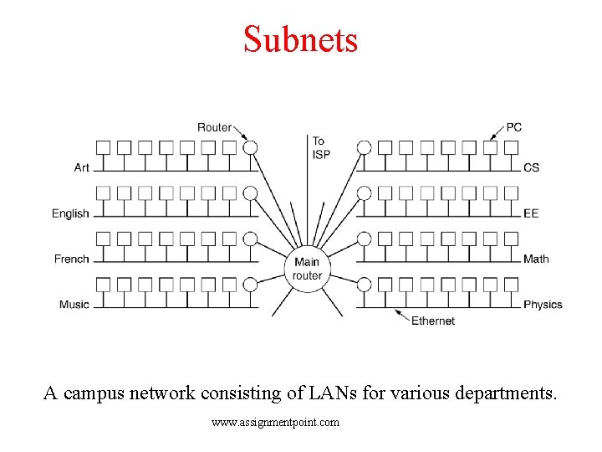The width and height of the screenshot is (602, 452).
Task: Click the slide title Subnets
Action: pyautogui.click(x=300, y=39)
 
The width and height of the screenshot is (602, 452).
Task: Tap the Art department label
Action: pyautogui.click(x=81, y=167)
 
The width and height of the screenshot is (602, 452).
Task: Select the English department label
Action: pyautogui.click(x=70, y=213)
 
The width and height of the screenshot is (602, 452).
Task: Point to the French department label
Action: pyautogui.click(x=71, y=259)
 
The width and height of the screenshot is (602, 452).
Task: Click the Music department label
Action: pyautogui.click(x=74, y=304)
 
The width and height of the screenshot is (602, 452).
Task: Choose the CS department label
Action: pyautogui.click(x=531, y=167)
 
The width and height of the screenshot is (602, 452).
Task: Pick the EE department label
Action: pyautogui.click(x=531, y=213)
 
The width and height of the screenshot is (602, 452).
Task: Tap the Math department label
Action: pyautogui.click(x=536, y=259)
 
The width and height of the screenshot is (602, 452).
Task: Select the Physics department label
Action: pyautogui.click(x=543, y=304)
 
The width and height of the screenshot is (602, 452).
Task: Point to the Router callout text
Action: pyautogui.click(x=214, y=127)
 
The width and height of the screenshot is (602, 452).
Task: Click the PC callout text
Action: pyautogui.click(x=513, y=127)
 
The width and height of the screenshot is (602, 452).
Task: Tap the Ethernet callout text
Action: pyautogui.click(x=432, y=321)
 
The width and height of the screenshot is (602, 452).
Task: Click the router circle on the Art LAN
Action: pyautogui.click(x=250, y=147)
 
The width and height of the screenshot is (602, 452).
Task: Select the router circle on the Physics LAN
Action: pyautogui.click(x=364, y=285)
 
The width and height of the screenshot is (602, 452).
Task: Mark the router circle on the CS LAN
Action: pyautogui.click(x=364, y=147)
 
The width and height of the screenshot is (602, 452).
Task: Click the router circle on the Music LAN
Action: pyautogui.click(x=250, y=285)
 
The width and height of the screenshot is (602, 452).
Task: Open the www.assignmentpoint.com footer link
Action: pyautogui.click(x=276, y=423)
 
